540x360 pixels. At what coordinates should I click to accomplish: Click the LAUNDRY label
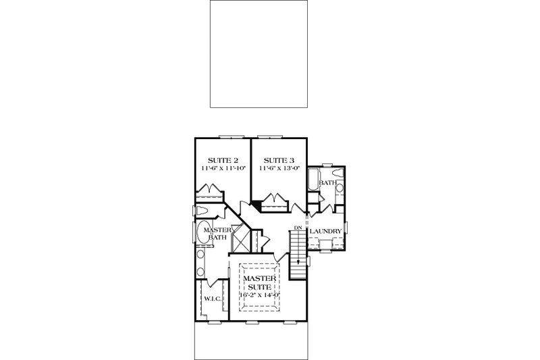(327, 232)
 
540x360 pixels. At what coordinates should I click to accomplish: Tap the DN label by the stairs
(298, 228)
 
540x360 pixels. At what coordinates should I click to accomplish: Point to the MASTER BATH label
(217, 233)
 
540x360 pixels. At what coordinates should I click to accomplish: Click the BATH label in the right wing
(327, 183)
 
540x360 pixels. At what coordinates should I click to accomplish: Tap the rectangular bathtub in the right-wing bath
(313, 182)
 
